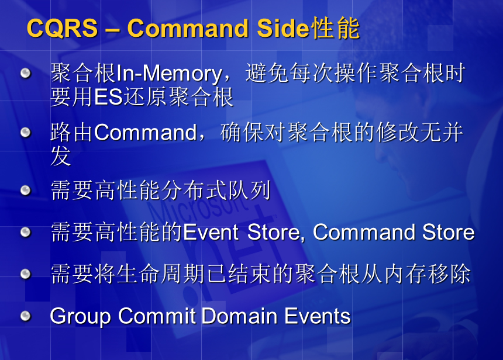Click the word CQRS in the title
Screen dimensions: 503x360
pos(62,28)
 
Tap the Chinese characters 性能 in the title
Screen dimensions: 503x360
pos(336,28)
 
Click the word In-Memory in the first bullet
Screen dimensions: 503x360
pos(169,74)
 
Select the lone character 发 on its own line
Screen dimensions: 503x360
pos(61,156)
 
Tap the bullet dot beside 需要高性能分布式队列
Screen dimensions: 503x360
pos(25,190)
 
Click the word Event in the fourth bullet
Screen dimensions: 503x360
pos(211,232)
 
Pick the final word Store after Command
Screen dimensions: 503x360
pos(448,232)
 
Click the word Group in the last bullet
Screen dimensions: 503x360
pos(80,316)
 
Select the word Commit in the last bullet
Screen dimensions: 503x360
pos(157,316)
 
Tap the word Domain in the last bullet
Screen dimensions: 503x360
pos(239,316)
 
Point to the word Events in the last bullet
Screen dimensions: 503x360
pos(317,316)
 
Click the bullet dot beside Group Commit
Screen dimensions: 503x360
pos(25,316)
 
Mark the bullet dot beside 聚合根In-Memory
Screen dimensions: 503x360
pos(25,73)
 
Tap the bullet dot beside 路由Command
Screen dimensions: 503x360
pos(25,132)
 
